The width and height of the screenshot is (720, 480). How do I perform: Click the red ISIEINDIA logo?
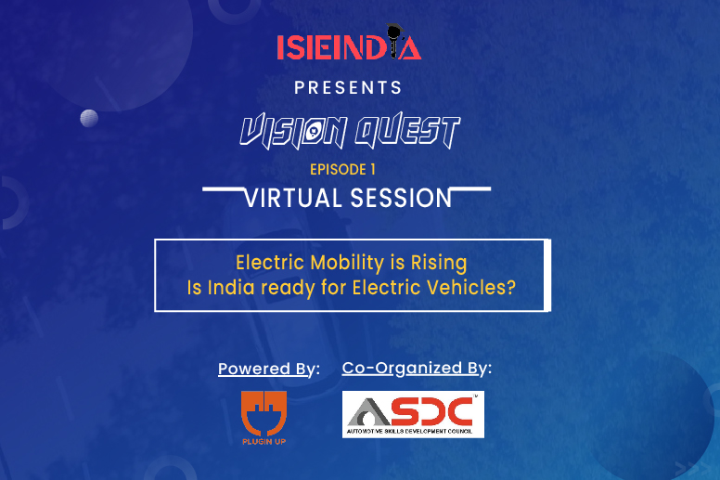349,43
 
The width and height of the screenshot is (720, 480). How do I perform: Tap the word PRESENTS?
348,87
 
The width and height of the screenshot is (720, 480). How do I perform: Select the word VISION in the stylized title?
294,131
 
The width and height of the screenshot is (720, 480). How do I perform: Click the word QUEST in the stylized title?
407,131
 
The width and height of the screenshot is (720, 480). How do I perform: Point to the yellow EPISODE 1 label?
342,170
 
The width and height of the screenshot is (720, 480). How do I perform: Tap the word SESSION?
402,199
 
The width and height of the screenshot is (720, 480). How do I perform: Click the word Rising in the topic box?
439,264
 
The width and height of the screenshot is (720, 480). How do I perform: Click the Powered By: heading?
269,369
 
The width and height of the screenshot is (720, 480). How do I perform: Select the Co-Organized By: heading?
417,369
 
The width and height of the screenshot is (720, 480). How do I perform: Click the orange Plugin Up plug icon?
264,413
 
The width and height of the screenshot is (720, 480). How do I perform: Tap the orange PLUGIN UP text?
264,442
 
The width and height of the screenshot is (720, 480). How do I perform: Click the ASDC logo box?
413,414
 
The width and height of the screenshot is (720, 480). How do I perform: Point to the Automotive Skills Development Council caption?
409,432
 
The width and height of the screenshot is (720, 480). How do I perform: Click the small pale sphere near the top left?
89,119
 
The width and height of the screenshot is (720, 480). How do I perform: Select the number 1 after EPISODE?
373,170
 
